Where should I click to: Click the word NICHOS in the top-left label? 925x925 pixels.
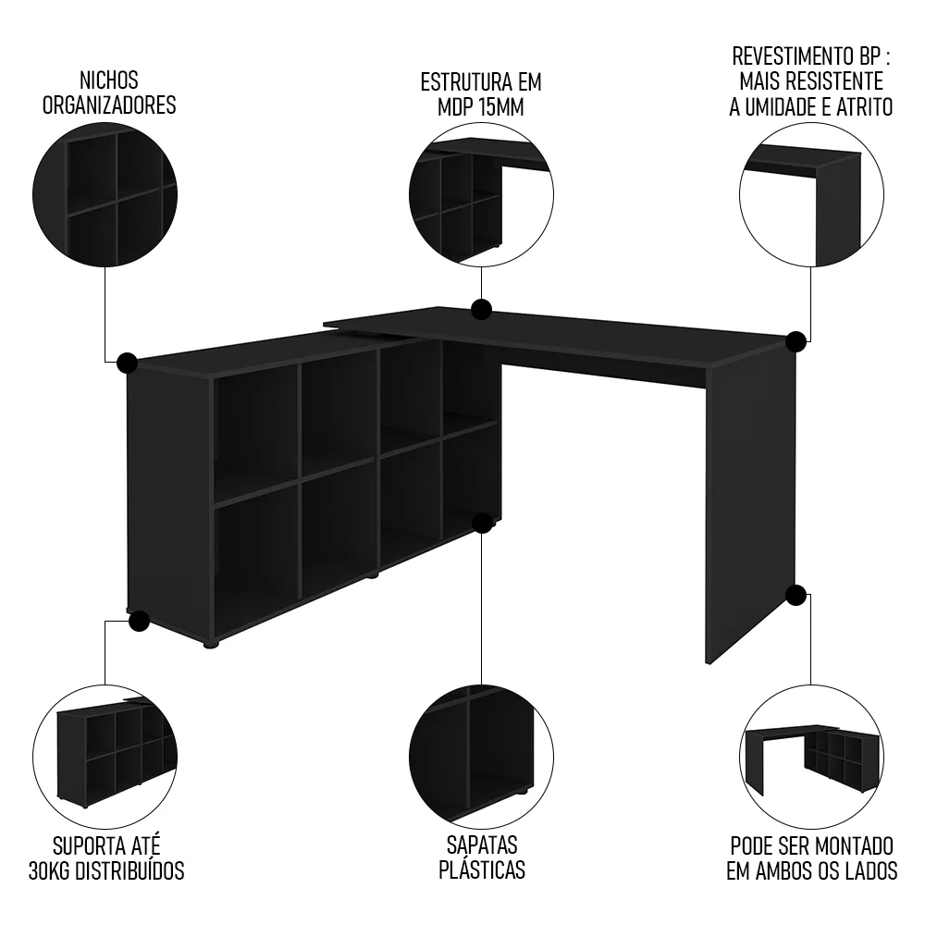107,81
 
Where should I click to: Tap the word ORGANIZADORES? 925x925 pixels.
107,105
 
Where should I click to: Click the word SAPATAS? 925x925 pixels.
481,845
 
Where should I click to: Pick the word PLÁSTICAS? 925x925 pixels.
481,870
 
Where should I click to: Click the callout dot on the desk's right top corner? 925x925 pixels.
795,342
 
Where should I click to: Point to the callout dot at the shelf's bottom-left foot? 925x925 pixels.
139,621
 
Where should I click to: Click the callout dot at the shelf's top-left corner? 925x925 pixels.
128,362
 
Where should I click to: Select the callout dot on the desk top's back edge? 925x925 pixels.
480,309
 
